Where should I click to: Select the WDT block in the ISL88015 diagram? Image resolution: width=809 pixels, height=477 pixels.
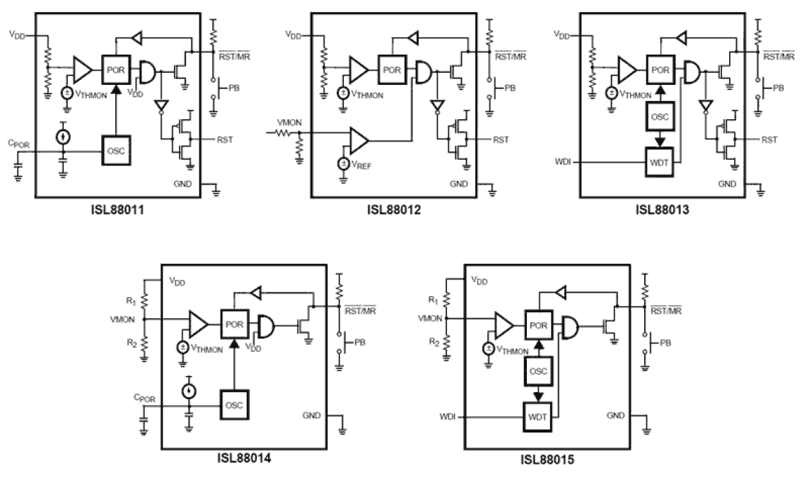click(x=538, y=416)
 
